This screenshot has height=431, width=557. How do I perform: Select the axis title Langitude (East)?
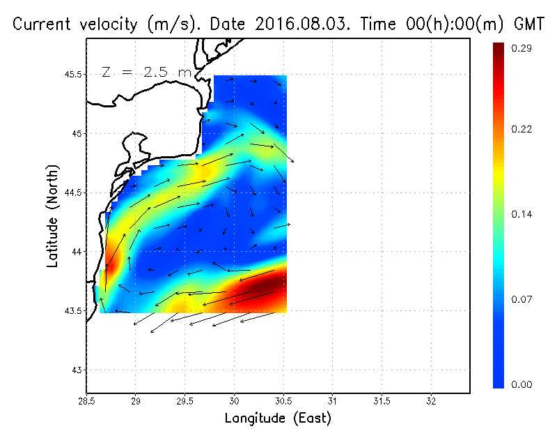coord(278,418)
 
